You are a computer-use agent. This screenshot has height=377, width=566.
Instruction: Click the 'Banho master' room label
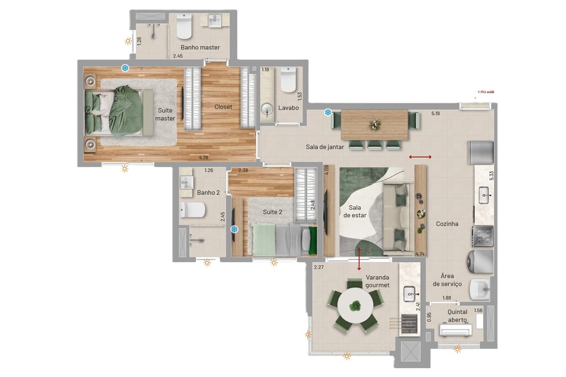200,47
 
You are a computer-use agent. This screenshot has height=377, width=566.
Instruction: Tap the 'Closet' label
223,107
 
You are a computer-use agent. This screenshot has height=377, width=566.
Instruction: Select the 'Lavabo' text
289,108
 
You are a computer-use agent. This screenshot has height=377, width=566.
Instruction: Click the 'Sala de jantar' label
325,147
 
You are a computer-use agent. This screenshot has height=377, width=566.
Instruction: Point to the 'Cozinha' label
447,224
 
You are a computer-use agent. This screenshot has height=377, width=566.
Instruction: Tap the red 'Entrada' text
486,92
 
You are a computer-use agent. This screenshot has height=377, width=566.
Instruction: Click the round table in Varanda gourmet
355,306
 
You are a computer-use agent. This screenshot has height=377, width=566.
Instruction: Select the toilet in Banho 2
193,210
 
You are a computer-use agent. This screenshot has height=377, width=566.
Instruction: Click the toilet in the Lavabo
288,81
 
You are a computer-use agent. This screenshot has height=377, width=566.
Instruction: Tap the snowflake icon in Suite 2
234,229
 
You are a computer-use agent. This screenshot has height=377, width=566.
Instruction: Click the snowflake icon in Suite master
125,68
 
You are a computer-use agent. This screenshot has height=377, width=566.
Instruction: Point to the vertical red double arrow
360,259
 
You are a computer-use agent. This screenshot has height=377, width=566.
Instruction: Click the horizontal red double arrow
421,157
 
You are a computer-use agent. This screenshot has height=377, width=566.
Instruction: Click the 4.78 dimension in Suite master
203,157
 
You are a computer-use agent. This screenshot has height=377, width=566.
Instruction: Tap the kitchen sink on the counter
484,194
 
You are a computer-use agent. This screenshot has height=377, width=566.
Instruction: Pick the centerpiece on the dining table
375,124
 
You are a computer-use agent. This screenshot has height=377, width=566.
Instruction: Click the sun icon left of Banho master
128,41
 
